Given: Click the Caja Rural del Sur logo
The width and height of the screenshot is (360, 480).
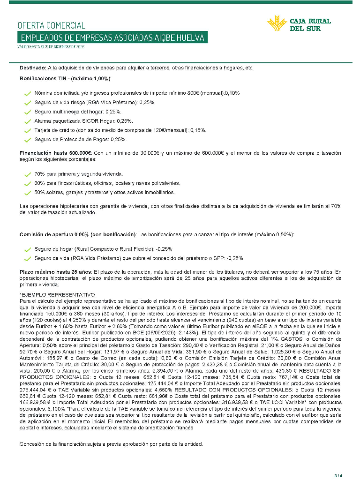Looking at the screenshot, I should pyautogui.click(x=299, y=24).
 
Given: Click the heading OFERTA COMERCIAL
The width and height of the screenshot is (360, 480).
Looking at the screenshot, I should pyautogui.click(x=52, y=25).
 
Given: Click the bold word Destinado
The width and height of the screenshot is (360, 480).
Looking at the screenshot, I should pyautogui.click(x=32, y=68).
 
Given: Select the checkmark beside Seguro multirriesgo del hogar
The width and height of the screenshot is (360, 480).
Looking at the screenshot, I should pyautogui.click(x=28, y=112).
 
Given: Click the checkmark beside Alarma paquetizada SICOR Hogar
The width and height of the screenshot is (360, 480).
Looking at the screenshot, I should pyautogui.click(x=28, y=121).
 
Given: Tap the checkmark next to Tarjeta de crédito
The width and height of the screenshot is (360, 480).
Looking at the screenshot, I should pyautogui.click(x=28, y=131).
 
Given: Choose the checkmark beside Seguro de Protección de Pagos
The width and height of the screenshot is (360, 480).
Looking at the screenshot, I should pyautogui.click(x=28, y=140).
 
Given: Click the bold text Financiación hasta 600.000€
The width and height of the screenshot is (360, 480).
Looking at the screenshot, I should pyautogui.click(x=56, y=153).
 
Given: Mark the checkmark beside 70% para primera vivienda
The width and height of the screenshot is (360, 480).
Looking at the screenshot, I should pyautogui.click(x=28, y=174).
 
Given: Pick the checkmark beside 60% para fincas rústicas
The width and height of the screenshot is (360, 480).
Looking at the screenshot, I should pyautogui.click(x=28, y=184).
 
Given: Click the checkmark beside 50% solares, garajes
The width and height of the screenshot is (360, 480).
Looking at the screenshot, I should pyautogui.click(x=28, y=193).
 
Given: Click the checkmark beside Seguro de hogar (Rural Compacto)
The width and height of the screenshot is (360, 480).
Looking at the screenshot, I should pyautogui.click(x=28, y=249).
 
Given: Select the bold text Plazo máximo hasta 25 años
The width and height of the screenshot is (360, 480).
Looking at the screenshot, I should pyautogui.click(x=55, y=272).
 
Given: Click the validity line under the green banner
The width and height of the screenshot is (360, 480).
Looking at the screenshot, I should pyautogui.click(x=51, y=47).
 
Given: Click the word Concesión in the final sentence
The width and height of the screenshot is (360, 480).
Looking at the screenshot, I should pyautogui.click(x=31, y=444).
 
